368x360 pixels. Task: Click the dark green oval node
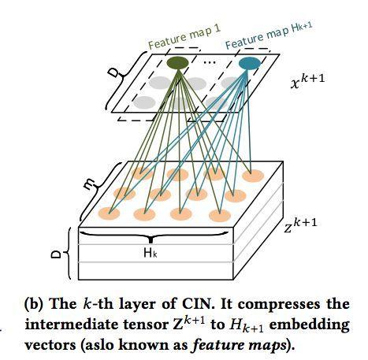coord(178,62)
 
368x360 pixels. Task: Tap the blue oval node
coord(250,63)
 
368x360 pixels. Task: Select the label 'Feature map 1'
coord(184,37)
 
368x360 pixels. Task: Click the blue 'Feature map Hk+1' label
coord(269,35)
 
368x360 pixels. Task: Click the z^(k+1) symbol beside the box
coord(300,225)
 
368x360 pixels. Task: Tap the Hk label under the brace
coord(151,253)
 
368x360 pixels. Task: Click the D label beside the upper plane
coord(113,72)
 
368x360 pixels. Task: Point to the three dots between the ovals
coord(210,62)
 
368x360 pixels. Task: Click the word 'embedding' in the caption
coord(310,325)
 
